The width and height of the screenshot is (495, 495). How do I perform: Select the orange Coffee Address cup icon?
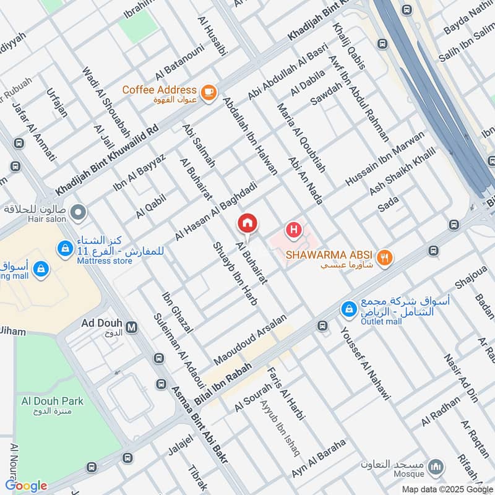click(209, 91)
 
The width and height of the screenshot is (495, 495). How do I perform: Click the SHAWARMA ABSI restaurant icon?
click(385, 258)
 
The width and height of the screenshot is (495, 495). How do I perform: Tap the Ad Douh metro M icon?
click(131, 326)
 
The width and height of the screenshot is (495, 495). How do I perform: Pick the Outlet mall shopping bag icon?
click(349, 308)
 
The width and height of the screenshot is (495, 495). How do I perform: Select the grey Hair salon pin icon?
click(78, 214)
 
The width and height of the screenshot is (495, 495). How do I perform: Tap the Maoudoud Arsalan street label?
click(251, 339)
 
